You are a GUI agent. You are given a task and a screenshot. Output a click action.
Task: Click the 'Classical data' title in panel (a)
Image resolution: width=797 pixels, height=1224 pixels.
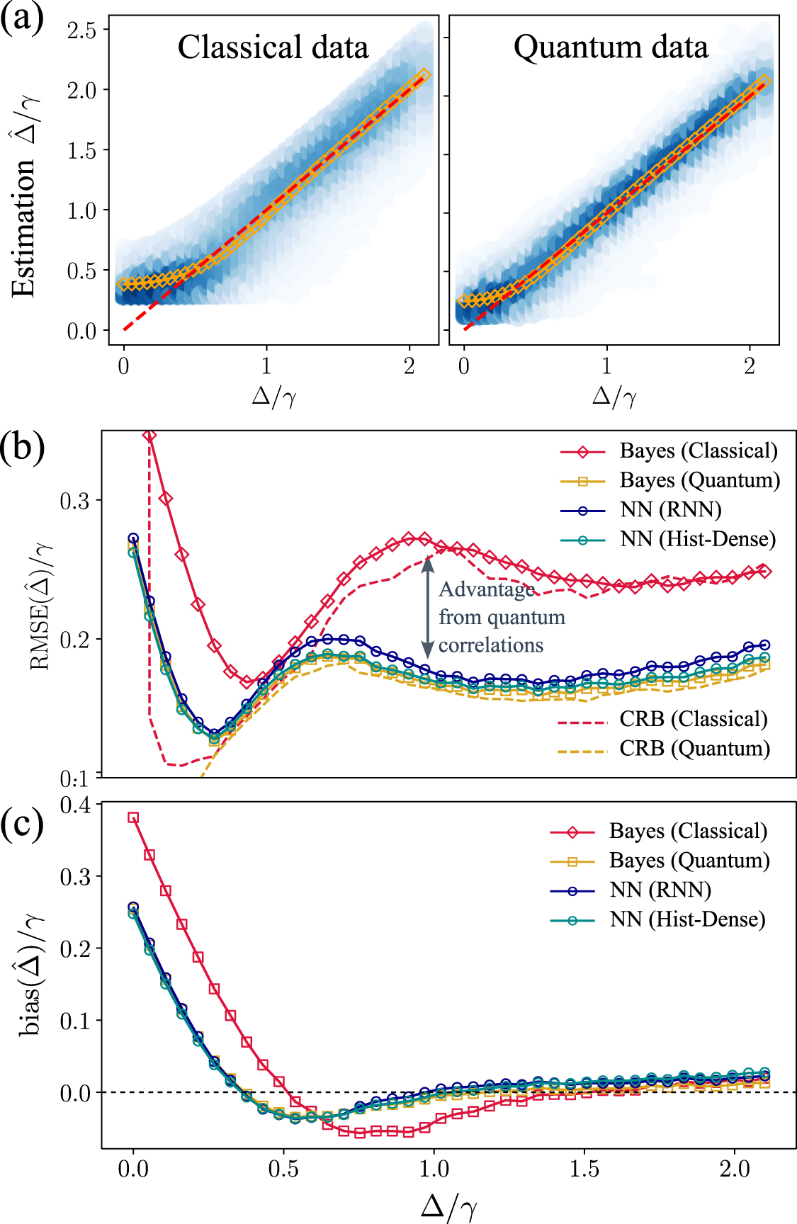pos(273,47)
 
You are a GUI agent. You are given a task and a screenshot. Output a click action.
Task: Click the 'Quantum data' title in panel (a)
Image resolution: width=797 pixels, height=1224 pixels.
pos(611,47)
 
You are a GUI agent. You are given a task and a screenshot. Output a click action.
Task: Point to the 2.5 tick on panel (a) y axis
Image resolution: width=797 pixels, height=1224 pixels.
pos(81,30)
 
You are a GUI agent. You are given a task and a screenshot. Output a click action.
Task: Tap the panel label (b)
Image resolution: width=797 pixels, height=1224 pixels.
pos(23,448)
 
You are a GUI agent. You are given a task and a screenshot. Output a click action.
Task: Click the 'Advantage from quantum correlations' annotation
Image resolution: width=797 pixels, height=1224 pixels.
pos(501,618)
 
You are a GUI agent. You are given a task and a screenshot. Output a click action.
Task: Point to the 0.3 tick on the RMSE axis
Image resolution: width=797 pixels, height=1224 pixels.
pos(75,501)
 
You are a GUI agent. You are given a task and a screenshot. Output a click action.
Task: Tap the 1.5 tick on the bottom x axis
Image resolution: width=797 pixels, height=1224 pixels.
pos(584,1169)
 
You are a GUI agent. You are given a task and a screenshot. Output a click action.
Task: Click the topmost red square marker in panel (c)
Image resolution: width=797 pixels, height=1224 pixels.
pos(132,817)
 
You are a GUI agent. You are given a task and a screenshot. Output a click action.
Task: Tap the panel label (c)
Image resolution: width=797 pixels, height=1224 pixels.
pos(23,823)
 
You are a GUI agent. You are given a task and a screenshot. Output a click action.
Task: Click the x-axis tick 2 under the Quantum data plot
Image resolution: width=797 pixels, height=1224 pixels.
pos(750,366)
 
